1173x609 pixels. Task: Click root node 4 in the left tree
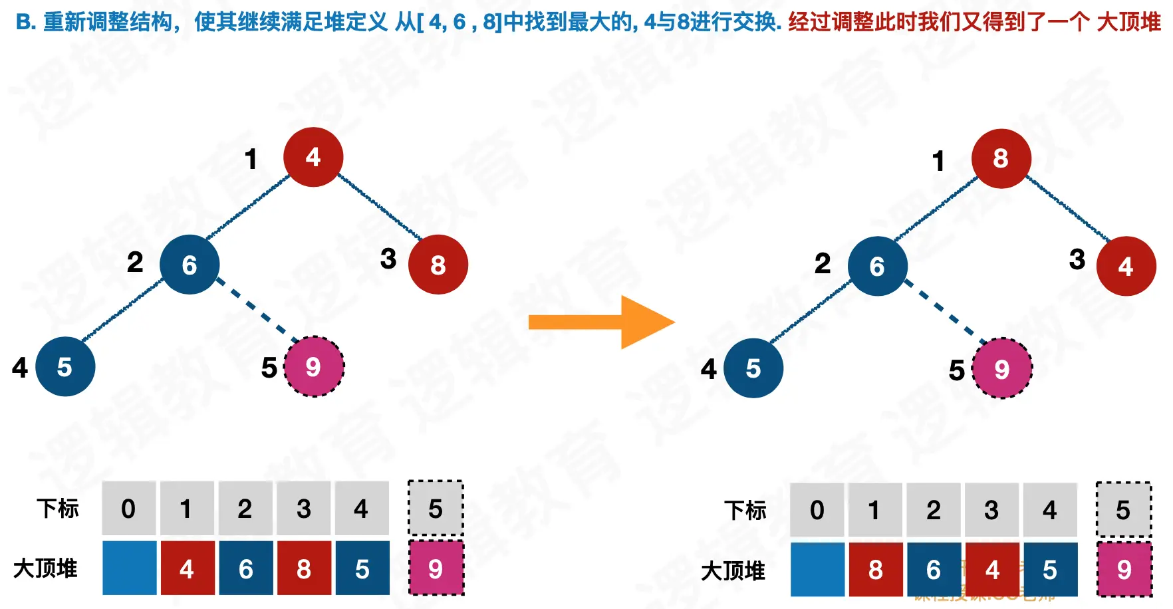(x=313, y=157)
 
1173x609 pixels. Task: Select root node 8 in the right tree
(x=1001, y=158)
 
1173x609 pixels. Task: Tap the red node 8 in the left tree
(x=438, y=265)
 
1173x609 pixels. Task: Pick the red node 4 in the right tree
(x=1126, y=266)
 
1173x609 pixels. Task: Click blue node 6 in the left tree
(x=190, y=265)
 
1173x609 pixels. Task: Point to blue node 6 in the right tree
(x=877, y=266)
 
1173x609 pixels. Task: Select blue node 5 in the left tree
(x=65, y=366)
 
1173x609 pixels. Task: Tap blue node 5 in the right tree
(x=753, y=368)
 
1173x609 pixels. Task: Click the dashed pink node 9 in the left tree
(x=313, y=366)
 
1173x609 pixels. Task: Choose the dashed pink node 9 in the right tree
(x=1001, y=368)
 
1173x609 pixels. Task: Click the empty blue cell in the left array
(x=129, y=568)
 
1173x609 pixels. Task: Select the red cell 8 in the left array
(x=304, y=568)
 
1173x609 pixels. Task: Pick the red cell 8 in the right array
(x=875, y=569)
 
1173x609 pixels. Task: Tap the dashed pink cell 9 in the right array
(x=1124, y=569)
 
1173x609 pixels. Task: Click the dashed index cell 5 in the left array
(x=436, y=509)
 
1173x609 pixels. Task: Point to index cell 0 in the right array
(x=817, y=510)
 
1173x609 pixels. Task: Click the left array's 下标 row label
(x=58, y=509)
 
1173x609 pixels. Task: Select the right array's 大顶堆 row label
(x=733, y=570)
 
